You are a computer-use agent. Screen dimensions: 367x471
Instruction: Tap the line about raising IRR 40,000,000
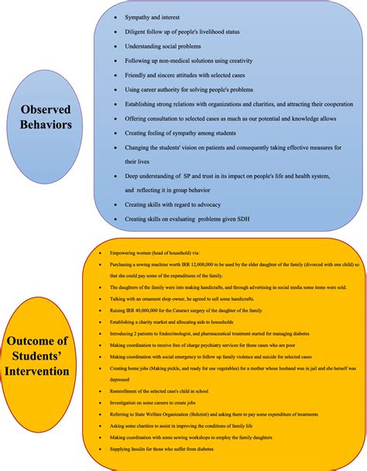pyautogui.click(x=185, y=310)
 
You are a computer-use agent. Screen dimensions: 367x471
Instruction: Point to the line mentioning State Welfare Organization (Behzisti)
pyautogui.click(x=214, y=415)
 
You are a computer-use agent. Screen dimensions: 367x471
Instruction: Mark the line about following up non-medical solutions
pyautogui.click(x=191, y=61)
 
